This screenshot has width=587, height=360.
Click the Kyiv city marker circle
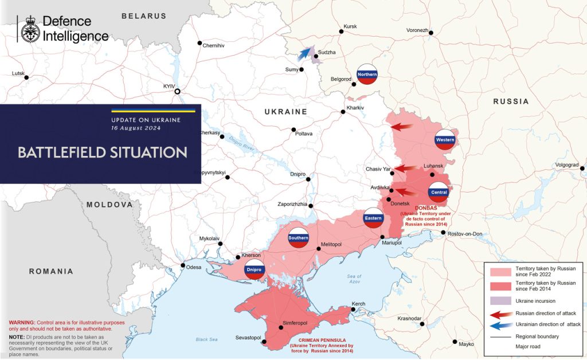point(178,91)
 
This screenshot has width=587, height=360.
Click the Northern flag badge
point(367,75)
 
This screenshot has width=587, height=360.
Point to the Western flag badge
point(445,140)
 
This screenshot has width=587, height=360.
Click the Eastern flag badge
point(373,218)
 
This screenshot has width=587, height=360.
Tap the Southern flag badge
point(298,238)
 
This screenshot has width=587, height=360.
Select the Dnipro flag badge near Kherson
point(254,269)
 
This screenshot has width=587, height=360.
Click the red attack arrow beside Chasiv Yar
point(406,169)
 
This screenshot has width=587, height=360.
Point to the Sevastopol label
point(248,338)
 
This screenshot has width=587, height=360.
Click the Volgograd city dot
point(582,169)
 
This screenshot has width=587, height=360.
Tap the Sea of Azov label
point(354,280)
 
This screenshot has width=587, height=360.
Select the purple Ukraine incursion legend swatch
point(499,300)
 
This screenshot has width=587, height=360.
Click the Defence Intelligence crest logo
point(30,29)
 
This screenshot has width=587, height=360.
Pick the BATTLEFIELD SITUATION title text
point(102,152)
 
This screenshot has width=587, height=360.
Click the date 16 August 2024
point(136,128)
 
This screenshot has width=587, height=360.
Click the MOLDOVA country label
point(109,205)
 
